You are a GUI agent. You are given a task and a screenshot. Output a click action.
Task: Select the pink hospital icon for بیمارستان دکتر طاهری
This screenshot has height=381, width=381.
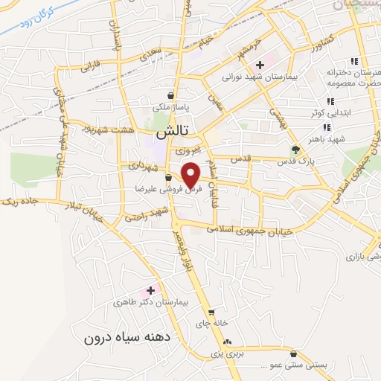coord(151,289)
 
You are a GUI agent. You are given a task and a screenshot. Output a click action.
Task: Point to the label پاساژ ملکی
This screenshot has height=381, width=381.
coord(173,108)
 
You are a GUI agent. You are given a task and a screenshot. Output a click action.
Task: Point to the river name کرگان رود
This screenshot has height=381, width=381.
coord(33,19)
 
